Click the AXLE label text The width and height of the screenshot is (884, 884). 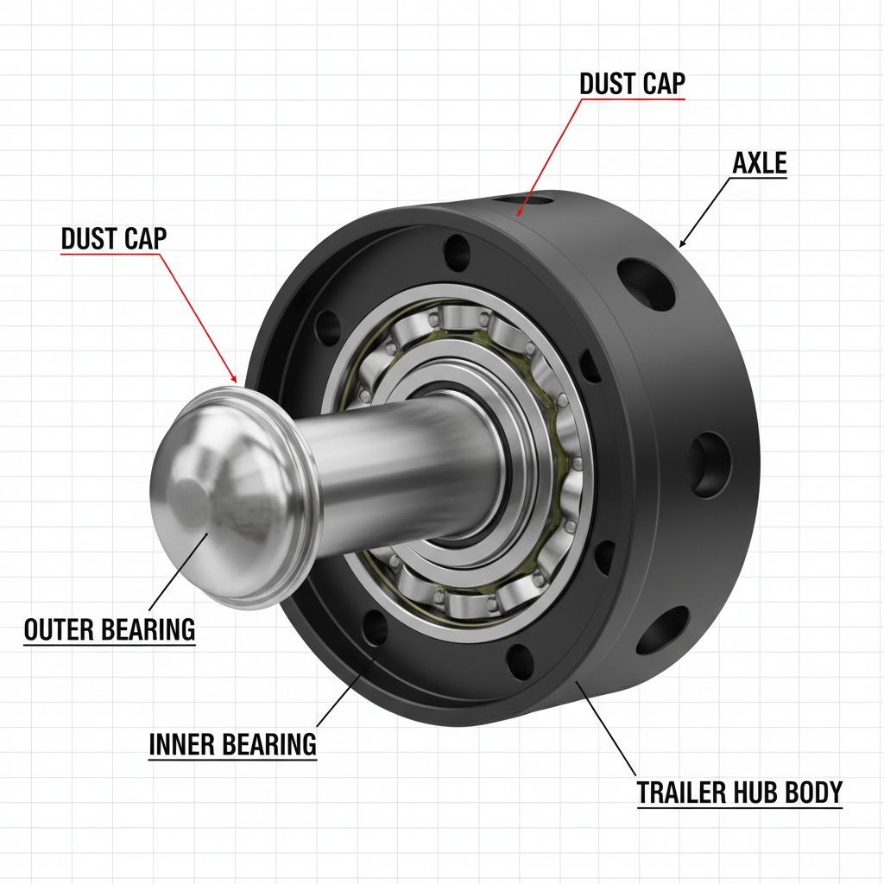click(x=759, y=163)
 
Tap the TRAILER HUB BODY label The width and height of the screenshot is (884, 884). click(x=739, y=792)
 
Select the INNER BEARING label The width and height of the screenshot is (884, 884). click(x=232, y=744)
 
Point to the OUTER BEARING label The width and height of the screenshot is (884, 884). click(x=110, y=628)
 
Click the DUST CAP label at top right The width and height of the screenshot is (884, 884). click(x=632, y=84)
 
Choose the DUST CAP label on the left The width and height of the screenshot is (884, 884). click(x=114, y=238)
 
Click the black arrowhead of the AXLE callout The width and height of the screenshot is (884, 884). click(x=683, y=243)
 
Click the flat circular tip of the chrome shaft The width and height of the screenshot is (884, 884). click(x=183, y=506)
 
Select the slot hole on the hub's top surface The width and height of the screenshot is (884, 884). click(x=521, y=200)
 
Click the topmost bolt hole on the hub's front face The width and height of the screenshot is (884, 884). click(x=457, y=253)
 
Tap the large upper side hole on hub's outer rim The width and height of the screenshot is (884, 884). click(x=646, y=284)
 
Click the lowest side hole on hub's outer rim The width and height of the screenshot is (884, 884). click(x=662, y=629)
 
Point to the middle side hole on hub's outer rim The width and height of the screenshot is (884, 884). click(x=710, y=464)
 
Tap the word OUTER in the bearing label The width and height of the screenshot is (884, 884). click(x=59, y=628)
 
